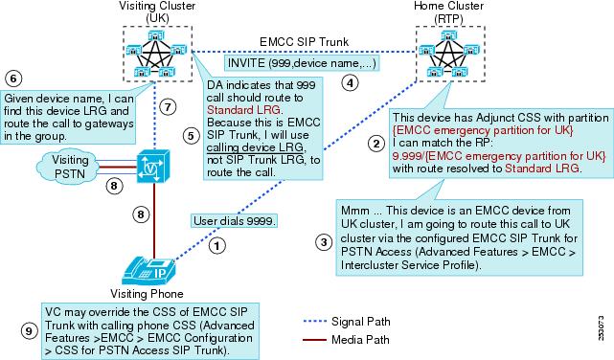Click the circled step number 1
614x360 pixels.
point(216,246)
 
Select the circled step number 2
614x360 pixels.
point(375,144)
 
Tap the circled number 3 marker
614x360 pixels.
point(324,242)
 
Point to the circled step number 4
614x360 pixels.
point(350,83)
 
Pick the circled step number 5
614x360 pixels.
point(191,136)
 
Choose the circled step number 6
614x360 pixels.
point(13,79)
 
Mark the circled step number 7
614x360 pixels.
point(168,107)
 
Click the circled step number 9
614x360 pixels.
point(29,331)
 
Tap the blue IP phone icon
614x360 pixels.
point(149,271)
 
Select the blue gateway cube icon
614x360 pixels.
point(153,166)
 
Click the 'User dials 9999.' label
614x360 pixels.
point(234,221)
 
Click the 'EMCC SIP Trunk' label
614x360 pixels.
point(304,42)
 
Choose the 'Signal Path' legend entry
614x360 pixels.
point(347,322)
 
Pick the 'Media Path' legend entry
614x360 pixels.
point(346,339)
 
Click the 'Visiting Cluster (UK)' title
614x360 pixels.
point(157,11)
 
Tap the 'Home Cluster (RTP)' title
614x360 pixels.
point(448,11)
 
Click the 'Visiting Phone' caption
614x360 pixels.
point(147,294)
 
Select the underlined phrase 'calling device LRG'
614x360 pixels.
point(255,147)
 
